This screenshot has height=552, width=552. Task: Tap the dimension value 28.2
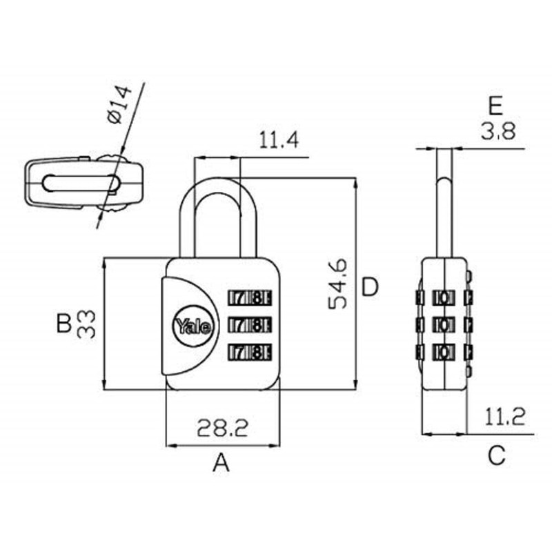click(222, 428)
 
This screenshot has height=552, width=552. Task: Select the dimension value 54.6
click(337, 284)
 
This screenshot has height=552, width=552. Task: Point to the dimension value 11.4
click(279, 140)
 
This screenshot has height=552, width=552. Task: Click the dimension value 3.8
click(497, 131)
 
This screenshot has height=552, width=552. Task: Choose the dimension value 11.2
click(505, 417)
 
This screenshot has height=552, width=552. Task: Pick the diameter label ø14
click(119, 105)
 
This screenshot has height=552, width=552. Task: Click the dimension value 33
click(86, 324)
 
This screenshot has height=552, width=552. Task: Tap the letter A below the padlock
click(221, 462)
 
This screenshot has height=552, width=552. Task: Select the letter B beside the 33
click(63, 324)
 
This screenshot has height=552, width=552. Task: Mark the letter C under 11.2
click(497, 455)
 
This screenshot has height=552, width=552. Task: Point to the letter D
click(370, 287)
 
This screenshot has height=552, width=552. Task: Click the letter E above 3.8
click(495, 106)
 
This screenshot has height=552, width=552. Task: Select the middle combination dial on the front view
click(250, 324)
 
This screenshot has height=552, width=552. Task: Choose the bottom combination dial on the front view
click(250, 352)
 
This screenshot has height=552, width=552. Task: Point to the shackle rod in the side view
click(444, 217)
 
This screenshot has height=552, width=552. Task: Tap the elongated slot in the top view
click(81, 183)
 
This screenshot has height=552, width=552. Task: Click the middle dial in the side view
click(444, 324)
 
